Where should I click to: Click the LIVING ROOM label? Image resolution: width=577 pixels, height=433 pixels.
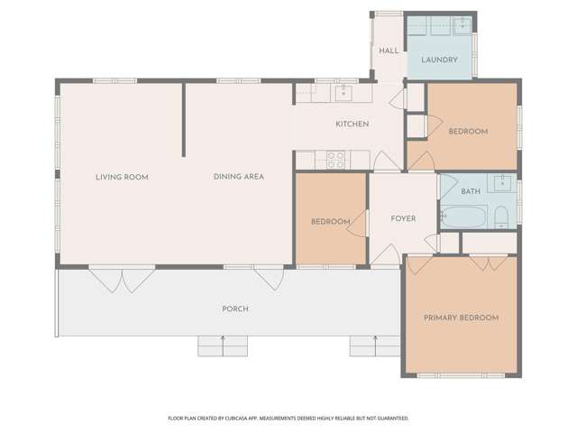point(122,177)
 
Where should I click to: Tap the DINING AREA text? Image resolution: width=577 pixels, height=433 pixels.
point(238,177)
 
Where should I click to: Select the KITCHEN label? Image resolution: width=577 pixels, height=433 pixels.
point(353,124)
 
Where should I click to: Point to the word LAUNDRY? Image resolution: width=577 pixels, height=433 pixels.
point(439,60)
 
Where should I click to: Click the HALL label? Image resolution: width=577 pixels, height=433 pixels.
point(389,51)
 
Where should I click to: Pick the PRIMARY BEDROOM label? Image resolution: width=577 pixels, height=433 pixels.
point(461,318)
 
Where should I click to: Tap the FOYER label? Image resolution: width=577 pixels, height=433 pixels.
point(403,218)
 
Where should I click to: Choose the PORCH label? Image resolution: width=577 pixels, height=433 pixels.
point(235,309)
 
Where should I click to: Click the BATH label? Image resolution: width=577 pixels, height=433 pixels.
point(471,191)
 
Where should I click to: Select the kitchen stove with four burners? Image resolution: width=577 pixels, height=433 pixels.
point(336,161)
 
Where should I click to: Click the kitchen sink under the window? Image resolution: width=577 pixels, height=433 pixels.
point(343,93)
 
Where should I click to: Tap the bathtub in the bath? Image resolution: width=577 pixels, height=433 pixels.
point(464,216)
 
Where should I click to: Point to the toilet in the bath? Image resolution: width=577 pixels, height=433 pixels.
point(501,217)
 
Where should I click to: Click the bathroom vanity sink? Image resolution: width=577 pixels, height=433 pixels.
point(502,182)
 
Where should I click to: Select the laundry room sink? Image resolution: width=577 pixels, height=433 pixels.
point(463,25)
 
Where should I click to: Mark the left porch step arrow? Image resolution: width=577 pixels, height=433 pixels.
point(223,345)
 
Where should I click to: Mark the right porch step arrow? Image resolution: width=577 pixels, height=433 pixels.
point(375,345)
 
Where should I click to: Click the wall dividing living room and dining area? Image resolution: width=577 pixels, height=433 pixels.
point(184,120)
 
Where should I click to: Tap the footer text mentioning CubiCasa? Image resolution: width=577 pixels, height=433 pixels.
point(288,419)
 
